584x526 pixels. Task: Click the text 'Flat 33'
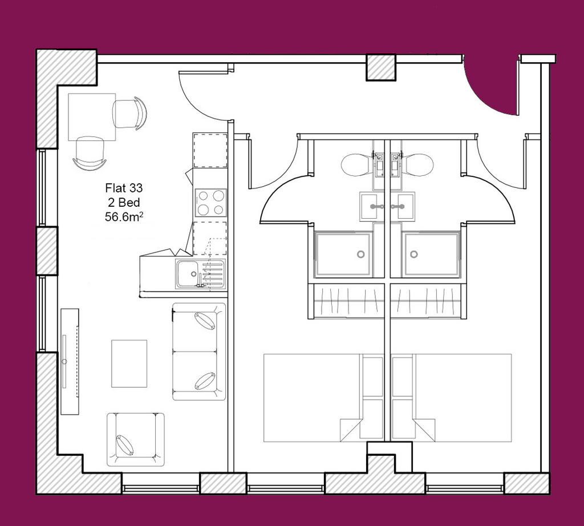124,188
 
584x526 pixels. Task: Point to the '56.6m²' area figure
124,217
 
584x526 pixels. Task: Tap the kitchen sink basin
188,274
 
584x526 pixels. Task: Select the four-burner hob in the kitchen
211,203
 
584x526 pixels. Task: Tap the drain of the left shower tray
360,254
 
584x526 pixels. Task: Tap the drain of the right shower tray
414,254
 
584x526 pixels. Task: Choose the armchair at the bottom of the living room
136,439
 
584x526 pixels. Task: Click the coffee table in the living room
129,363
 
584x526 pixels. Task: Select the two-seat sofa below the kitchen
199,352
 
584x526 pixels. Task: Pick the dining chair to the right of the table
129,114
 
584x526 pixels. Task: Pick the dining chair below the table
90,153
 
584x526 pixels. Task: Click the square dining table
92,117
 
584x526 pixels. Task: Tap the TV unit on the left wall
70,362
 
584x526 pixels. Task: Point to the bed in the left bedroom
324,397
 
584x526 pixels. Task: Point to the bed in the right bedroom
452,397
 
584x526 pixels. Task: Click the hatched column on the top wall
381,67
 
